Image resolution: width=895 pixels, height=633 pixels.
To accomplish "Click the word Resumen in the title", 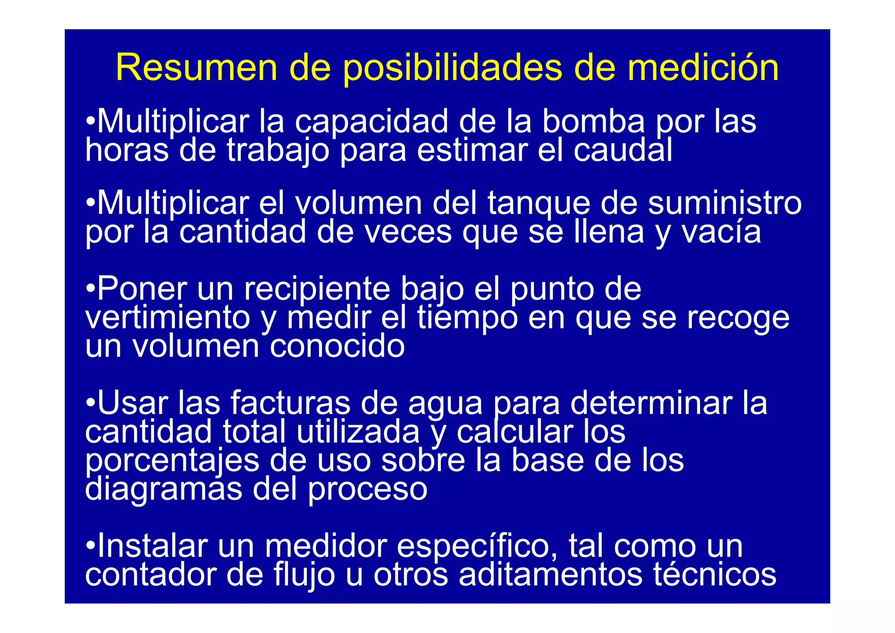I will coord(197,68).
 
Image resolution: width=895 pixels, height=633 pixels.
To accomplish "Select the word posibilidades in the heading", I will coord(453,69).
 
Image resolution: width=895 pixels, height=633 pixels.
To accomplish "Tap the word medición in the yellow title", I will coord(703,68).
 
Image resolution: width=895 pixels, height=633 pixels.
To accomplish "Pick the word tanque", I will coord(538,204).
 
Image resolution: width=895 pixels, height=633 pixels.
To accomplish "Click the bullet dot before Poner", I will coord(90,289).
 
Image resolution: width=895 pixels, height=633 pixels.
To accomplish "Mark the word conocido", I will coord(337,346).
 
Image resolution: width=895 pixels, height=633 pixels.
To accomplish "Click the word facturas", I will coord(290,403).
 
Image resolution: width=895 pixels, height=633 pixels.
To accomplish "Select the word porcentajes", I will coord(172,462).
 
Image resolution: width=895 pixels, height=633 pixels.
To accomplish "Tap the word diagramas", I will coord(163,489).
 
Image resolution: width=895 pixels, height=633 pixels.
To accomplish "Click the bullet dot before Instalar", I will coord(90,546).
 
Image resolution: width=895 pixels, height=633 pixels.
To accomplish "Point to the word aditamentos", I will coord(550,574).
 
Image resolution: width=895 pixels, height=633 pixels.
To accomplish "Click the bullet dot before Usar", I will coord(90,403).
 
